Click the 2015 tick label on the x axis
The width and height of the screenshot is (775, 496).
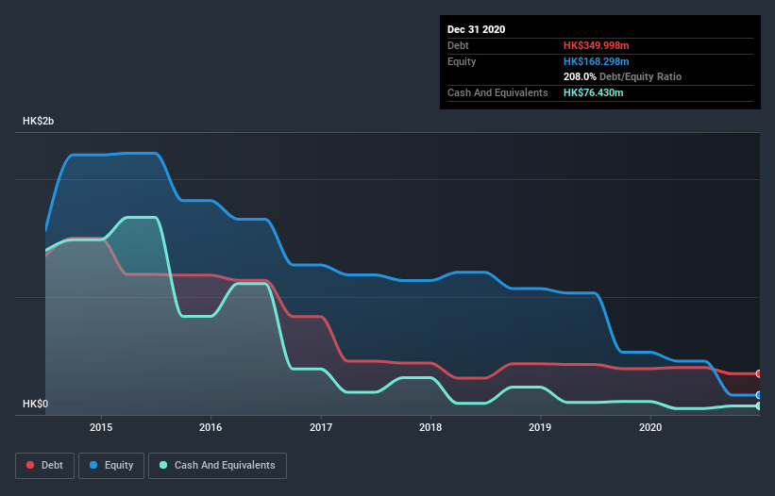[x=101, y=427]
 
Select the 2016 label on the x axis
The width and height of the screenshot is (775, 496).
[x=211, y=427]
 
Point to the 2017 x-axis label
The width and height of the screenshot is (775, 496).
[x=321, y=427]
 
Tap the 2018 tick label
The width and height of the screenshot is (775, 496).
[x=430, y=427]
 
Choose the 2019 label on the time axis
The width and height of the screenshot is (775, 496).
[x=541, y=427]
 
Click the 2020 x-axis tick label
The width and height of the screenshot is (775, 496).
[x=650, y=427]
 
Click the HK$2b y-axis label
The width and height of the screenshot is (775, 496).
[x=39, y=122]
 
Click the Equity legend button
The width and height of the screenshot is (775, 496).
[x=111, y=465]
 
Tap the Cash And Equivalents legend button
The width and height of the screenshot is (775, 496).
[x=217, y=465]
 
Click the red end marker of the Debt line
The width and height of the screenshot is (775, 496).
[x=759, y=374]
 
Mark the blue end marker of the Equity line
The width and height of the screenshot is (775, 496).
[x=759, y=395]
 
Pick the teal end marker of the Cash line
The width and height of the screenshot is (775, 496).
[x=759, y=405]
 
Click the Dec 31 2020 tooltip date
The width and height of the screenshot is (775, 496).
[x=476, y=29]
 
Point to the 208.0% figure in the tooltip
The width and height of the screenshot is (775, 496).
[x=580, y=76]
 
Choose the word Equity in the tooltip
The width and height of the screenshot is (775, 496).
[x=462, y=61]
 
